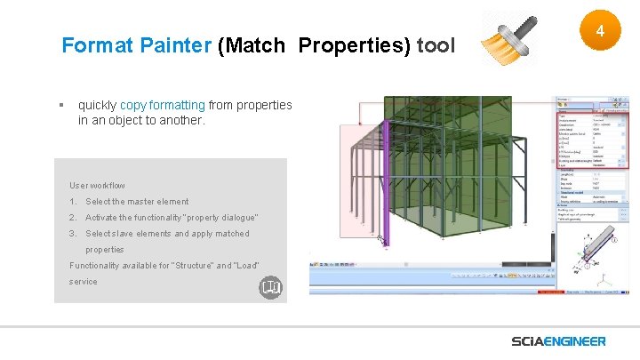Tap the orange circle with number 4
(599, 32)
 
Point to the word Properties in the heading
(354, 45)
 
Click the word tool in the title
(435, 45)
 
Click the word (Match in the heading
(252, 45)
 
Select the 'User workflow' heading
(97, 186)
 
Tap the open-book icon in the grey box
(270, 288)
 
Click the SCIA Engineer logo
(558, 341)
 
